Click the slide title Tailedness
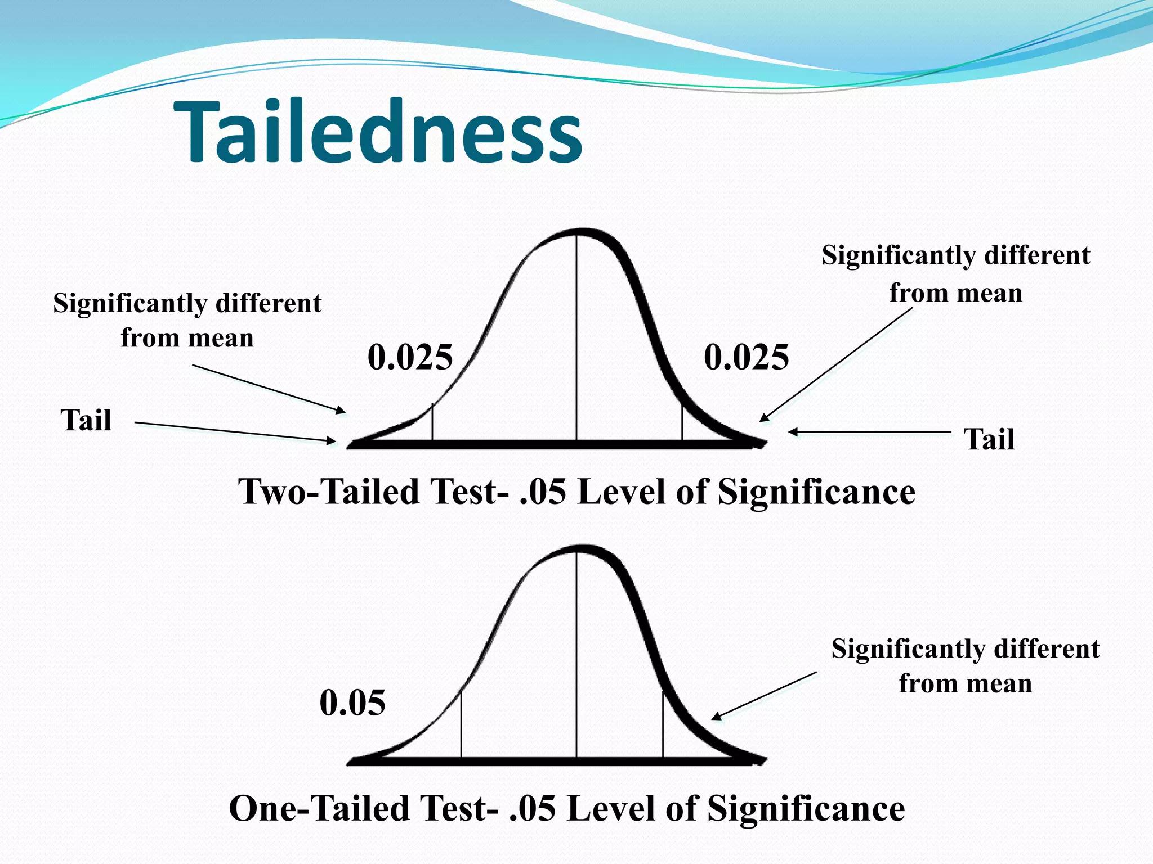[x=378, y=133]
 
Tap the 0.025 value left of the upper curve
[x=410, y=357]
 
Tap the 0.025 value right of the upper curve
[x=747, y=357]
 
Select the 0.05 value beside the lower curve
[x=352, y=703]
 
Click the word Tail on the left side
[x=86, y=420]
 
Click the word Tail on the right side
[x=990, y=439]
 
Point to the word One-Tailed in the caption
[x=319, y=809]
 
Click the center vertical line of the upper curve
[x=576, y=337]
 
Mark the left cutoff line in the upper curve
[x=432, y=422]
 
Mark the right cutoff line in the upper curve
[x=682, y=422]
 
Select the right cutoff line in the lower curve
[x=663, y=726]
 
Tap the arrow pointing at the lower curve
[x=764, y=695]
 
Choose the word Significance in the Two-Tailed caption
[x=816, y=492]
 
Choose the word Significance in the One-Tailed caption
[x=806, y=809]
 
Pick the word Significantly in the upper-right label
[x=897, y=256]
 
